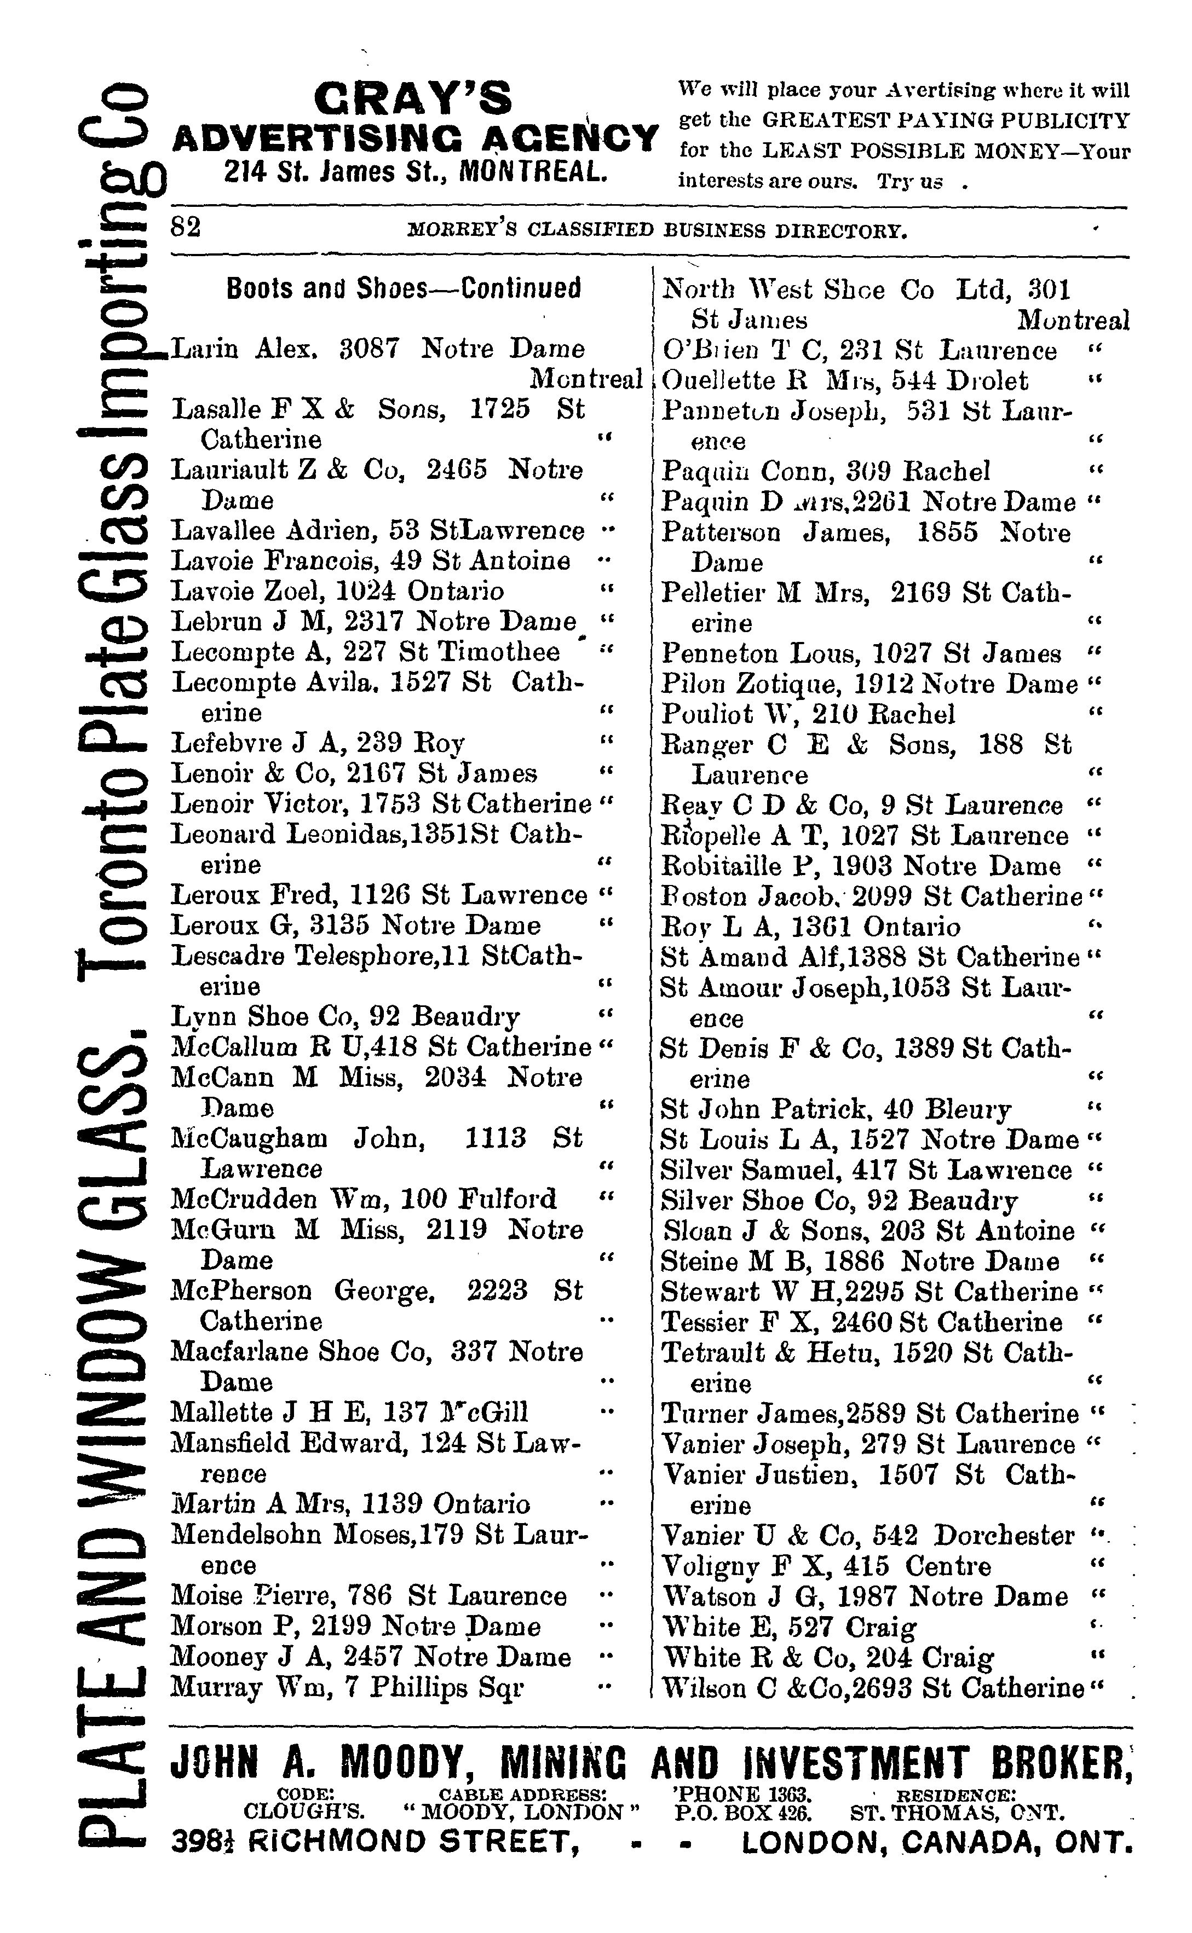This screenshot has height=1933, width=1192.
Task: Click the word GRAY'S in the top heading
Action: click(x=412, y=101)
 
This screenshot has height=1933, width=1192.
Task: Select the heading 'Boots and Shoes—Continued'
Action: click(x=403, y=289)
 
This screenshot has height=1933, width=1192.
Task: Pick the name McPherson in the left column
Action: click(x=241, y=1291)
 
